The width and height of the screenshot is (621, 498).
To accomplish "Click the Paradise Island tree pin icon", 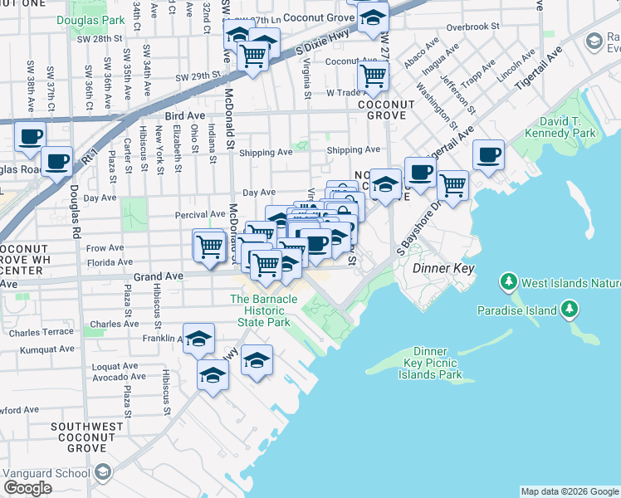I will [570, 310].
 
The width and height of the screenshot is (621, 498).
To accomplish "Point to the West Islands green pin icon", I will [509, 283].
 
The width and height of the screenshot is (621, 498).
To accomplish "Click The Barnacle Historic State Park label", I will [264, 310].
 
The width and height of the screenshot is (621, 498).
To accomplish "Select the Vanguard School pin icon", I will [103, 472].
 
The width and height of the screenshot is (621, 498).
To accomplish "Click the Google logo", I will [27, 488].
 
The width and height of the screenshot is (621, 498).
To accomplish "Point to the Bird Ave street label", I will [184, 117].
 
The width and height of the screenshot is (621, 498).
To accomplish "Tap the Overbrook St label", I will [472, 27].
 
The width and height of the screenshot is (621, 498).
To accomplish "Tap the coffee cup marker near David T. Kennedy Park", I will [488, 154].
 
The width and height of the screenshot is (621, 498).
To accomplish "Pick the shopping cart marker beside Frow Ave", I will [208, 245].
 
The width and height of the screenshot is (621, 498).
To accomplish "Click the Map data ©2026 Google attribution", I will [570, 491].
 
